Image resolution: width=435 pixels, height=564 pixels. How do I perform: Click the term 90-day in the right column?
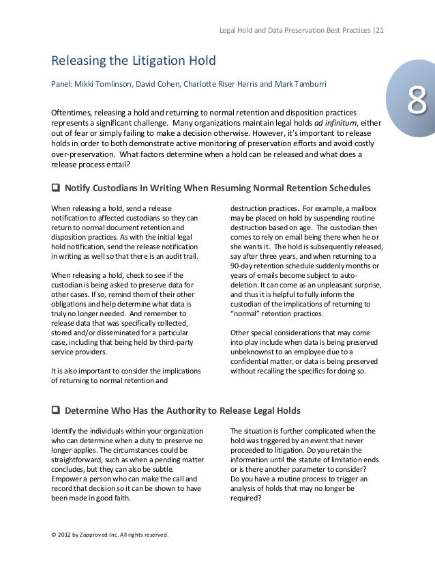pos(243,265)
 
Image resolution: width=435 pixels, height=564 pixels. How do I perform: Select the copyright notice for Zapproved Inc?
pos(105,533)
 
